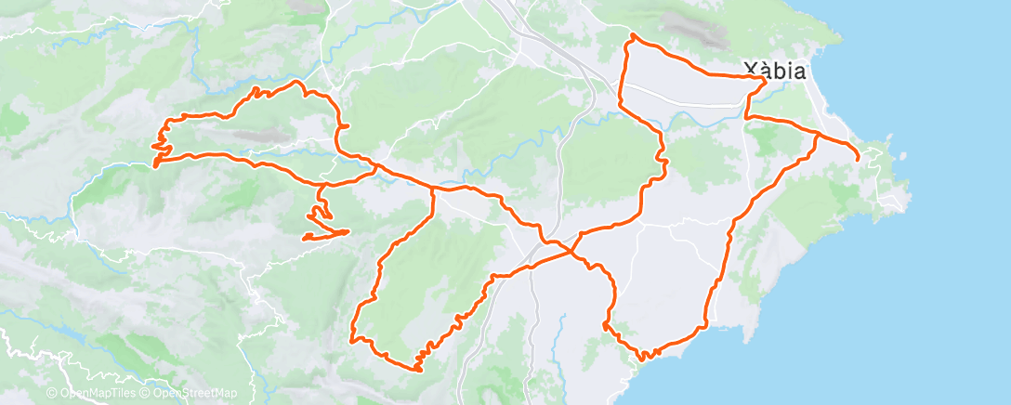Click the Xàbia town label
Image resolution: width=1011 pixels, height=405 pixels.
point(774,68)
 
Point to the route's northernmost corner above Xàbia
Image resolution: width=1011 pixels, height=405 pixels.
point(632,35)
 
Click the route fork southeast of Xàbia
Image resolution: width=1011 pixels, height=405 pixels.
point(818,135)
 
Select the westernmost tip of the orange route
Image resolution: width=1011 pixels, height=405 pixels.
point(154,165)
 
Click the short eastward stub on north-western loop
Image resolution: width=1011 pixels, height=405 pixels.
point(347,126)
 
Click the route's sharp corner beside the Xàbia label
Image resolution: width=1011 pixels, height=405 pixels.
point(766,80)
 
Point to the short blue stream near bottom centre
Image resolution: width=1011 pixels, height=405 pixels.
point(562,325)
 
